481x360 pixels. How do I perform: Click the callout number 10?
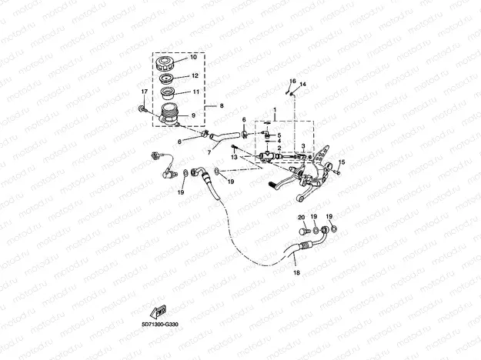tap(193, 58)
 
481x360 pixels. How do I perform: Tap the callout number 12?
tap(194, 76)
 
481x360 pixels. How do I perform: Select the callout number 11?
tap(194, 92)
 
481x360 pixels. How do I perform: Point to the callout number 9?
tap(192, 116)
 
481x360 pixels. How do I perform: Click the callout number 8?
tap(221, 105)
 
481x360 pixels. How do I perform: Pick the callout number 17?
tap(143, 92)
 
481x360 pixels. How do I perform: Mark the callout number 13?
tap(234, 158)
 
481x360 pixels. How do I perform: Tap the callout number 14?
tap(303, 84)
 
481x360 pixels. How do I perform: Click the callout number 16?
tap(292, 81)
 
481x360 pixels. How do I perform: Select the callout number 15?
tap(342, 162)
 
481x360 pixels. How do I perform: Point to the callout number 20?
tap(302, 217)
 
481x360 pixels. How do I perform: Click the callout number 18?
tap(295, 273)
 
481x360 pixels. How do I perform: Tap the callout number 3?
tap(303, 146)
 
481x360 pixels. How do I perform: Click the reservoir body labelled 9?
tap(170, 116)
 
